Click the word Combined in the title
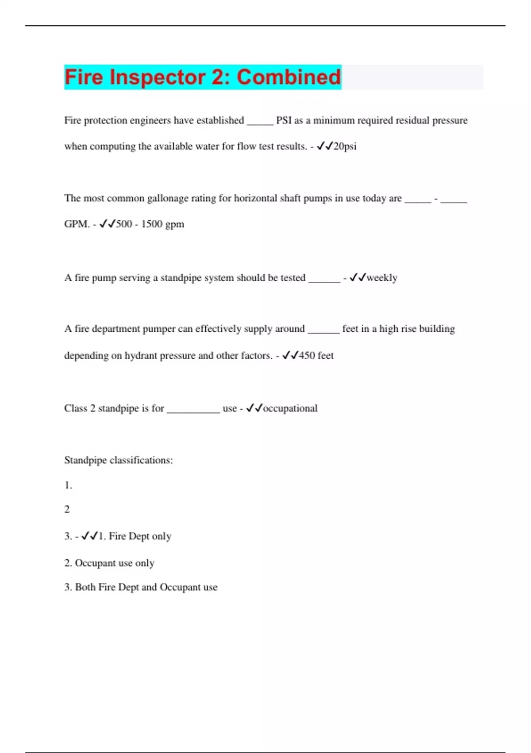tap(289, 77)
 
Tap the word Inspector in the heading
tap(158, 77)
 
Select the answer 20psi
tap(345, 146)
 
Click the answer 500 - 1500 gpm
tap(150, 224)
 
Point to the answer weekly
tap(382, 278)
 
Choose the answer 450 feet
tap(316, 355)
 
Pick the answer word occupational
tap(290, 408)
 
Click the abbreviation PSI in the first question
tap(284, 120)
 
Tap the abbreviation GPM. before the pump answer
tap(77, 224)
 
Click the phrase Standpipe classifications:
tap(118, 460)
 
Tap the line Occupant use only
tap(114, 563)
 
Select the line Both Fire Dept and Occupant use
tap(146, 587)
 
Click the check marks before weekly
tap(358, 278)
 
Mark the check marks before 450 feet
tap(290, 355)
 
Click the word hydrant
tap(140, 355)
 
